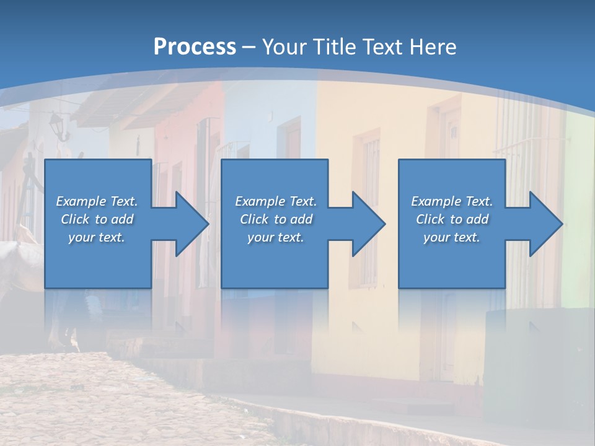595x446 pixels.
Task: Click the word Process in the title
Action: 195,47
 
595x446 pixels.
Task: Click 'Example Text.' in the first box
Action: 97,201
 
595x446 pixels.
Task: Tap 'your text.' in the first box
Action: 97,237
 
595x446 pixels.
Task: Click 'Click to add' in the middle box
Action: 276,219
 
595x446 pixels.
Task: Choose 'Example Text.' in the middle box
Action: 276,201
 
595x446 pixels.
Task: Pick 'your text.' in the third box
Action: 452,237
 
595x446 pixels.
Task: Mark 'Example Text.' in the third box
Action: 452,201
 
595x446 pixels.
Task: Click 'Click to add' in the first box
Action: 97,219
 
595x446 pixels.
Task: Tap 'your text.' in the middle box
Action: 276,237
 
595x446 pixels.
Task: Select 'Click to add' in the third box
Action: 452,219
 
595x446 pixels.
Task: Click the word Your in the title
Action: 283,47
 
